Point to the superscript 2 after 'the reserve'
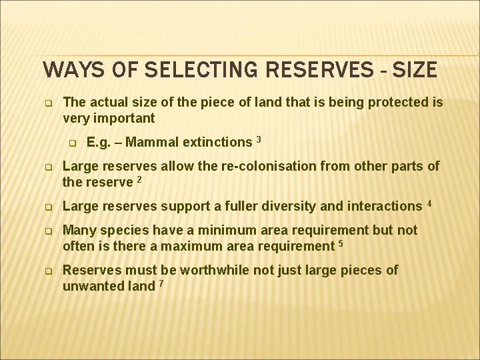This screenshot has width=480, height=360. pos(138,178)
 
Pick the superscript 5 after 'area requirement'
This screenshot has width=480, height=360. pos(341,243)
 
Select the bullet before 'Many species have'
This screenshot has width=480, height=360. pos(48,231)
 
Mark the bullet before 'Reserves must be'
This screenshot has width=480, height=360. pos(48,271)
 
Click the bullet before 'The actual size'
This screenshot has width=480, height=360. pos(48,103)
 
